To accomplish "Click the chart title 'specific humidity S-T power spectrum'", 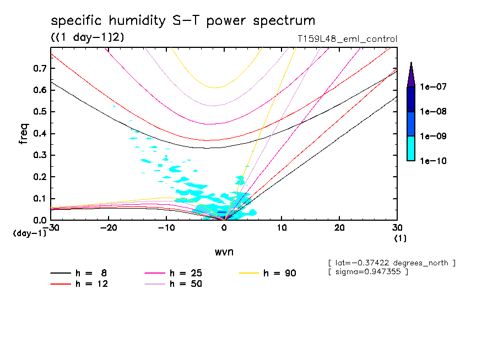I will (x=183, y=21).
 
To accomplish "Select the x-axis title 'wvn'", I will (x=224, y=252).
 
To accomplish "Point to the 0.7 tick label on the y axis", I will (x=39, y=68).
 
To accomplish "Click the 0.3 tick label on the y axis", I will (x=39, y=155).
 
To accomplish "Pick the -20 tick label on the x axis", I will (x=109, y=227).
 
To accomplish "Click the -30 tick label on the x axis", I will (x=51, y=227).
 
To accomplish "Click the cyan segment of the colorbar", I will (x=411, y=148).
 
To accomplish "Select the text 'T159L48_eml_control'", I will (x=347, y=39).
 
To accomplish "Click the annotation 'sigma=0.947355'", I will (x=368, y=272).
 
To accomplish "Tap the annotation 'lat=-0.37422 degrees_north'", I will (x=391, y=263).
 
